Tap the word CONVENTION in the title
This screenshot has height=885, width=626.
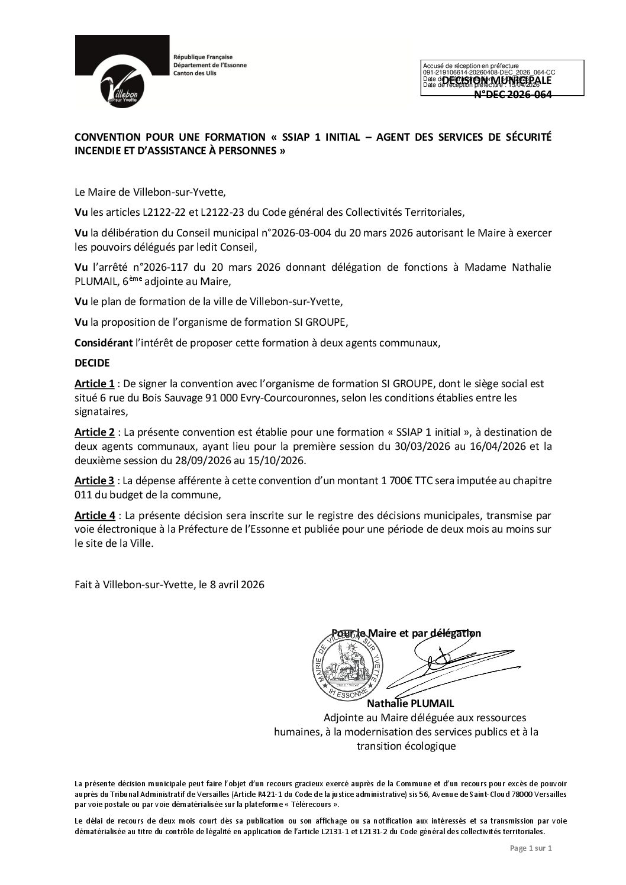[x=110, y=137]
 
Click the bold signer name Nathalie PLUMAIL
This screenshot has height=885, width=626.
[x=414, y=703]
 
